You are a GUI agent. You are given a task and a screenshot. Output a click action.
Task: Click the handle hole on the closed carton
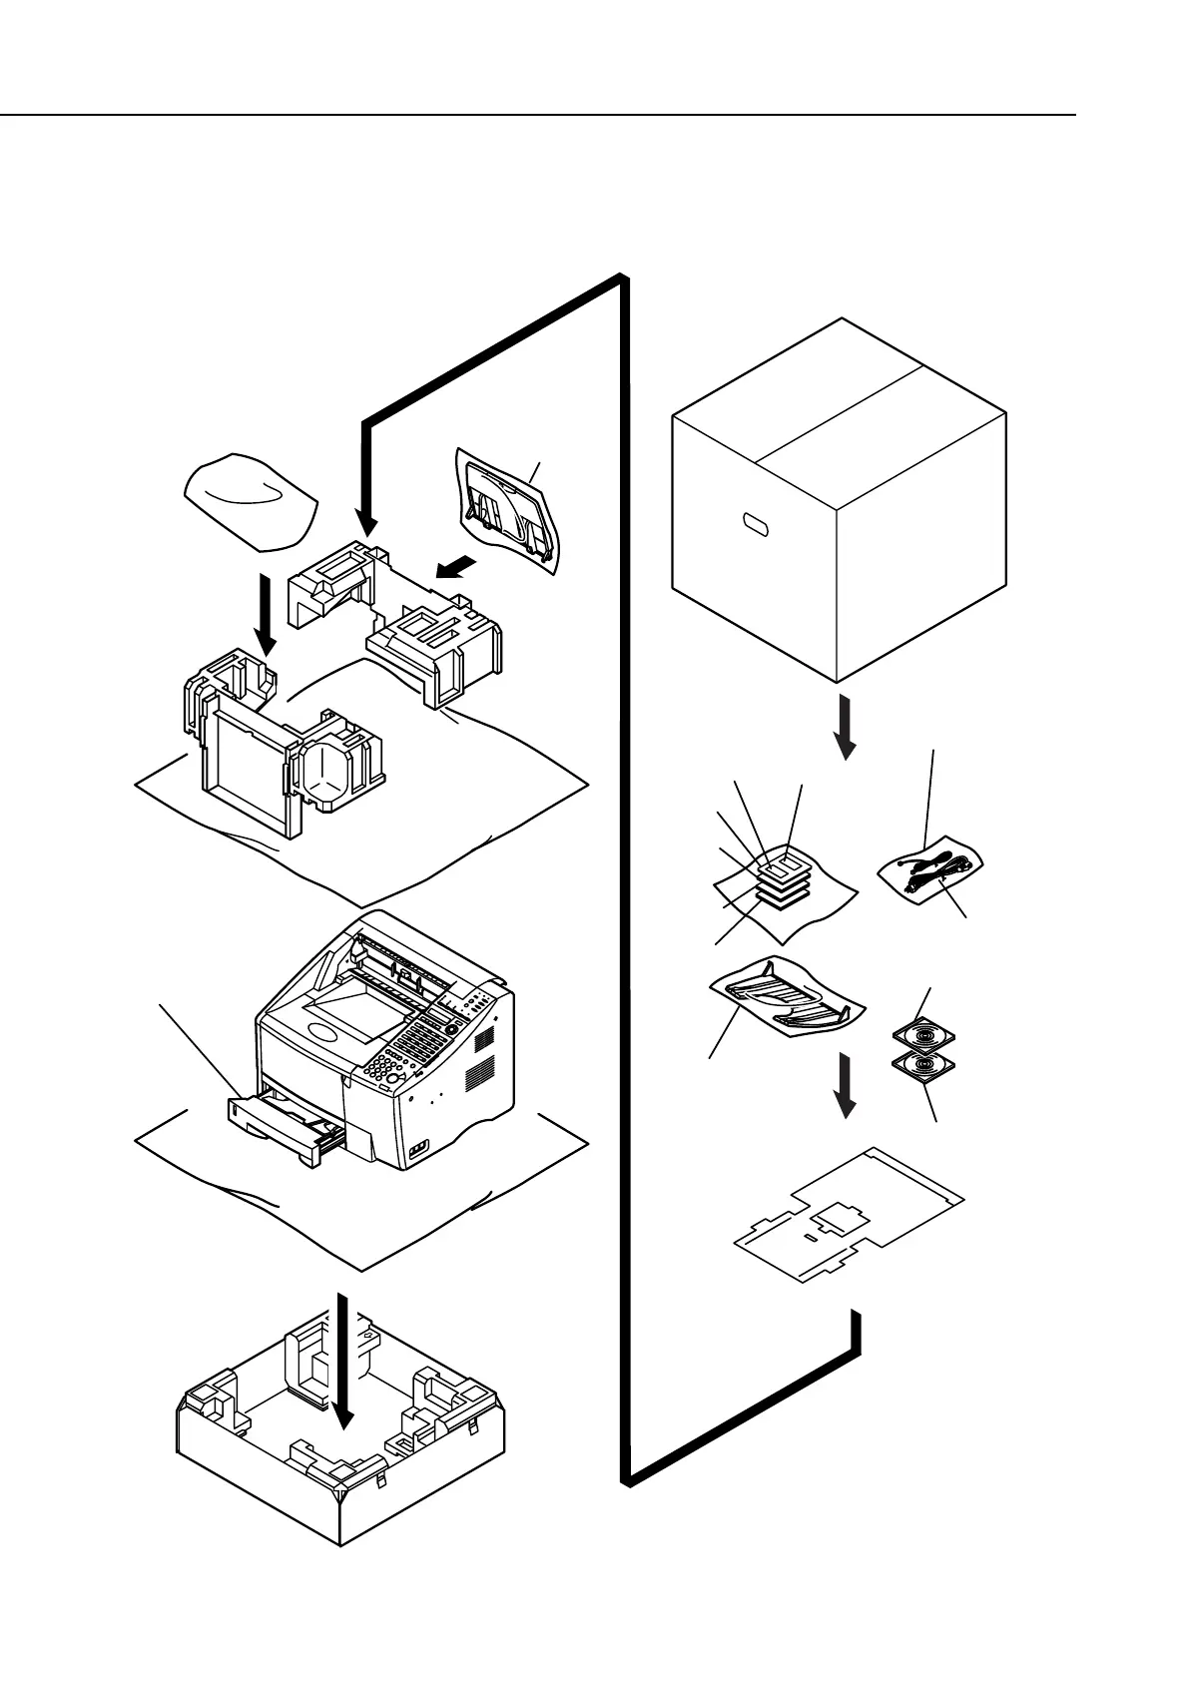point(759,524)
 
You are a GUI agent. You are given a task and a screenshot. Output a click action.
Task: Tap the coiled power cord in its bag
point(931,865)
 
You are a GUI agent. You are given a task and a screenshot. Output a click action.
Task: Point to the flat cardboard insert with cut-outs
point(849,1213)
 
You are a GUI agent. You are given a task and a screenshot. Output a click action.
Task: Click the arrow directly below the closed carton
point(845,727)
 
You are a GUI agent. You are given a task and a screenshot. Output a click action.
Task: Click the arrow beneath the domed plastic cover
point(266,613)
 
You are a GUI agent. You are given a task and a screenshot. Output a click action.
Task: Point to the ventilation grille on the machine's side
point(483,1060)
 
